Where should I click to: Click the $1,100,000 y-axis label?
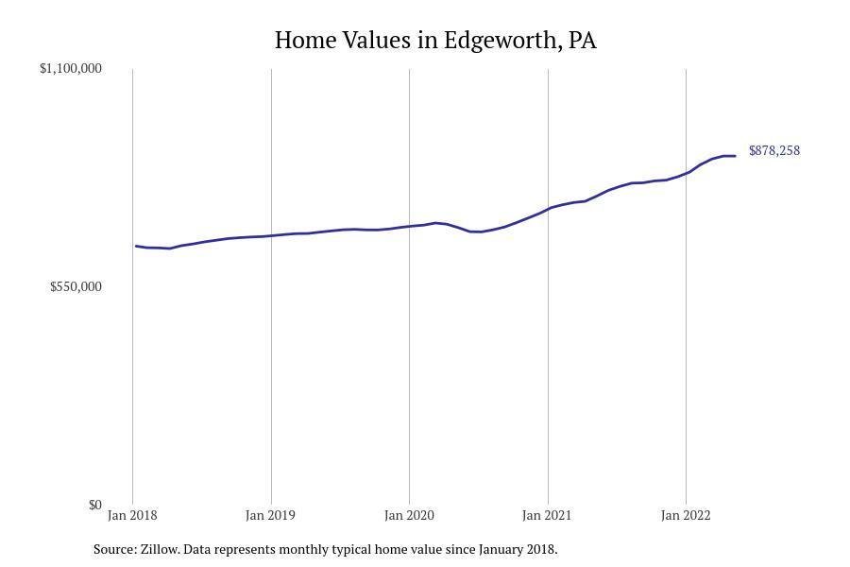pos(71,68)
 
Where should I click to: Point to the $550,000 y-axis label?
pos(76,286)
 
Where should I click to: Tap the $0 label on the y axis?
pos(94,505)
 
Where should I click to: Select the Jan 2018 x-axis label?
pos(132,515)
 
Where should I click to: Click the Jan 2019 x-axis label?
pos(270,515)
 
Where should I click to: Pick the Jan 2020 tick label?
pos(409,515)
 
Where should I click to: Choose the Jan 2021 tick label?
pos(547,515)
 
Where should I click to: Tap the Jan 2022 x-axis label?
pos(686,515)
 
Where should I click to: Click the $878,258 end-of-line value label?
pos(774,150)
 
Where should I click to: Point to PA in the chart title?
pos(583,41)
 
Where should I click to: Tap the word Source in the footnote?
pos(114,549)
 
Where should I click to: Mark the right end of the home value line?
pos(735,156)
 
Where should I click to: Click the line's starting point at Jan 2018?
pos(136,246)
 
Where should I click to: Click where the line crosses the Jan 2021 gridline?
pos(548,208)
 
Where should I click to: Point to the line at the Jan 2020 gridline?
pos(409,226)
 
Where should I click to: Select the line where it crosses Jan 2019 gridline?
pos(271,235)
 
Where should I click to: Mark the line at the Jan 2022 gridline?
pos(686,173)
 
